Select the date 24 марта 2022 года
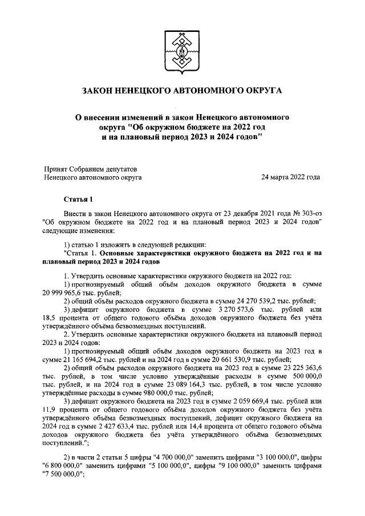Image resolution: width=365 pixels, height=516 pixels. [290, 177]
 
